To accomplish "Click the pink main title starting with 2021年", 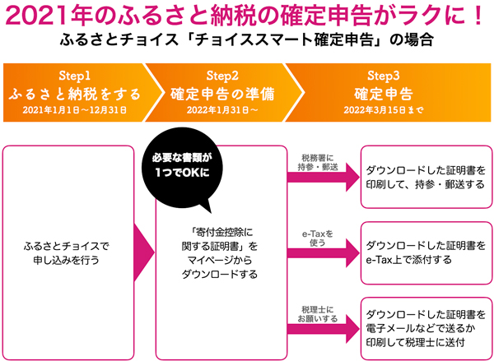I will pyautogui.click(x=247, y=16).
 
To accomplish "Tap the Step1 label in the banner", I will pyautogui.click(x=81, y=75).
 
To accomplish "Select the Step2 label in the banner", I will pyautogui.click(x=222, y=75).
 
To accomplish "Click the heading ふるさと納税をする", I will pyautogui.click(x=81, y=91).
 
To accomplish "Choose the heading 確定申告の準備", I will pyautogui.click(x=222, y=91).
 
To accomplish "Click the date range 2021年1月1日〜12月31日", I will pyautogui.click(x=81, y=109).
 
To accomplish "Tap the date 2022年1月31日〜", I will pyautogui.click(x=222, y=109).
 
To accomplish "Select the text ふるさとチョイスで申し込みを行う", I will pyautogui.click(x=75, y=252).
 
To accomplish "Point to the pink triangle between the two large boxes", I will pyautogui.click(x=143, y=251).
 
